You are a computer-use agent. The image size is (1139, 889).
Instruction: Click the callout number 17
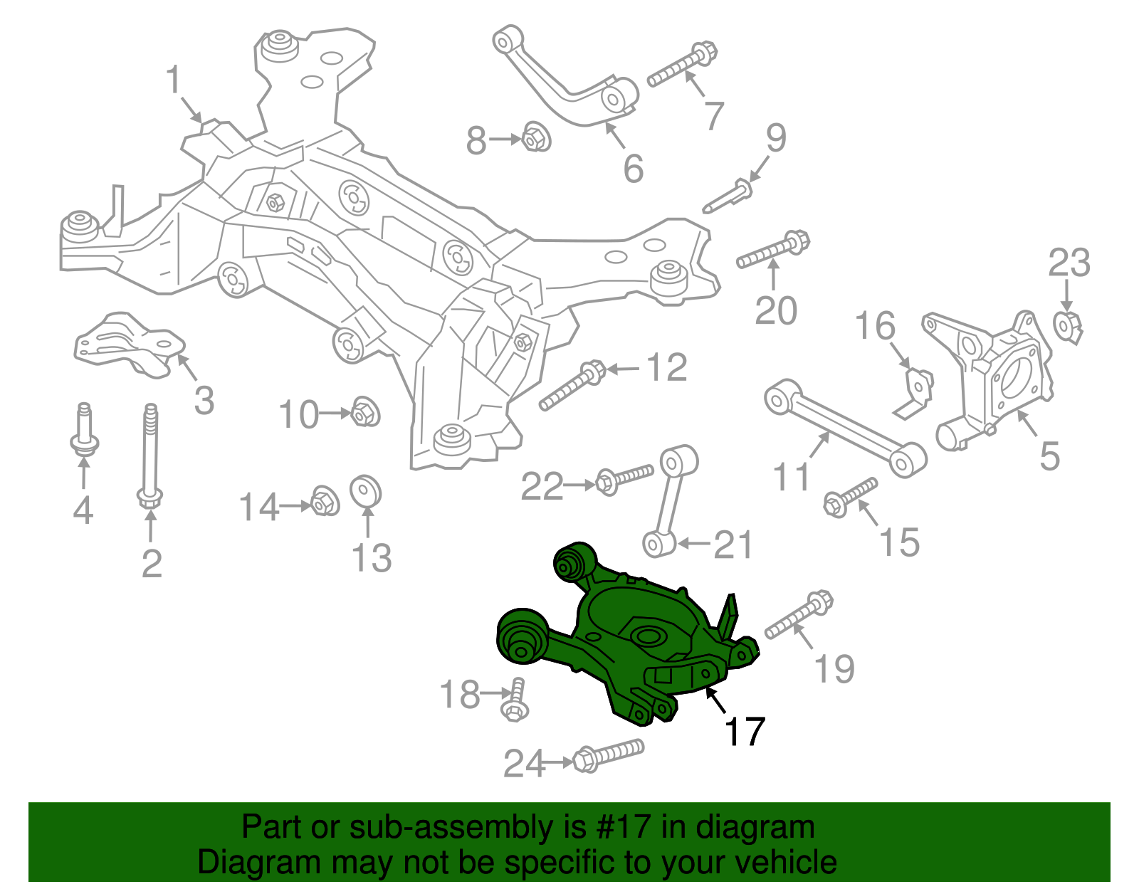[745, 732]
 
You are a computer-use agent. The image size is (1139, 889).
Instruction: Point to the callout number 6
[633, 169]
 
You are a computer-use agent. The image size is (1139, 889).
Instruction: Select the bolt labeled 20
[772, 250]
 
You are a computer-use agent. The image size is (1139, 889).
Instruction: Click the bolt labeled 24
[609, 756]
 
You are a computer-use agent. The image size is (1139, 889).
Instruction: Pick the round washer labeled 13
[366, 492]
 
